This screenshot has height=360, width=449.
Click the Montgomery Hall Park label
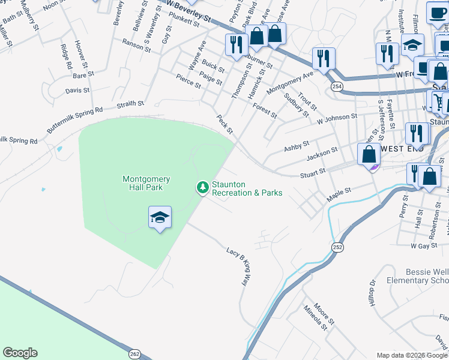(146, 183)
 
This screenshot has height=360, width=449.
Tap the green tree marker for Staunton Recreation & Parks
(203, 188)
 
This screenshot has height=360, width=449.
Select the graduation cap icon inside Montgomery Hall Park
(160, 217)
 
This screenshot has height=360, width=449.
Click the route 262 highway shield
(134, 354)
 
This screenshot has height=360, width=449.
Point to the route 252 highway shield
(338, 247)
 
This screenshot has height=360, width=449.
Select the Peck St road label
(224, 125)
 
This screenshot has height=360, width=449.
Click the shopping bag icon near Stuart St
(369, 155)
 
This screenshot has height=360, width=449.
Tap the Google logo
(20, 353)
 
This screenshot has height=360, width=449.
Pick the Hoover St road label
(81, 54)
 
